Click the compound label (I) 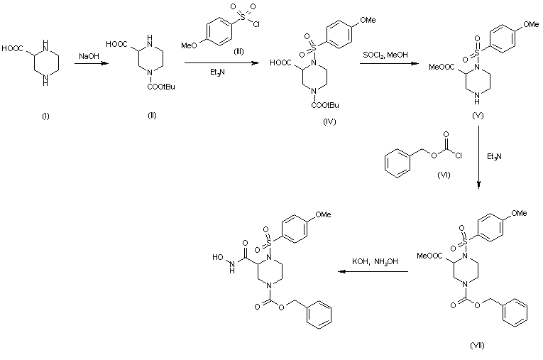(x=46, y=116)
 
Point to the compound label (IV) (x=328, y=121)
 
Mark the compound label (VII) (x=476, y=344)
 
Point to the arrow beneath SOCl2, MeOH (x=386, y=64)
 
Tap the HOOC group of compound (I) (x=12, y=49)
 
